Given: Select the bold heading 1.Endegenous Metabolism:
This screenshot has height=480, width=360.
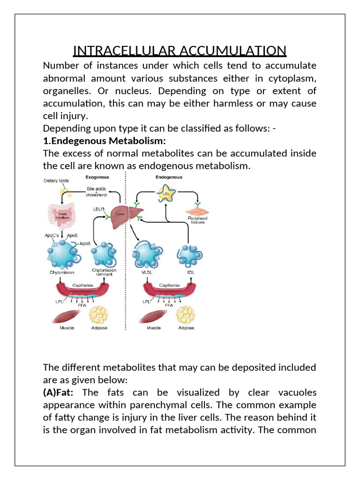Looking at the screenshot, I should click(x=105, y=141).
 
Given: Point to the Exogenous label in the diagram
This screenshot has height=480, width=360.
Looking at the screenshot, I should click(x=97, y=178).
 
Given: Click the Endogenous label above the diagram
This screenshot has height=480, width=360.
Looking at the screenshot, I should click(x=169, y=177).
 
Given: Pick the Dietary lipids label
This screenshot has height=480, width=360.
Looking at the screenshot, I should click(x=56, y=180).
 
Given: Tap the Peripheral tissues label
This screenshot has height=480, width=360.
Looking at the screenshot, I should click(x=197, y=220).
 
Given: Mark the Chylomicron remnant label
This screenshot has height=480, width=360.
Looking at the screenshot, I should click(x=105, y=272).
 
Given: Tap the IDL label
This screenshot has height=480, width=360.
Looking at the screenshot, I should click(x=190, y=271).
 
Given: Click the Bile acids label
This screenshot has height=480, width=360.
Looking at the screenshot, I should click(x=97, y=189).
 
